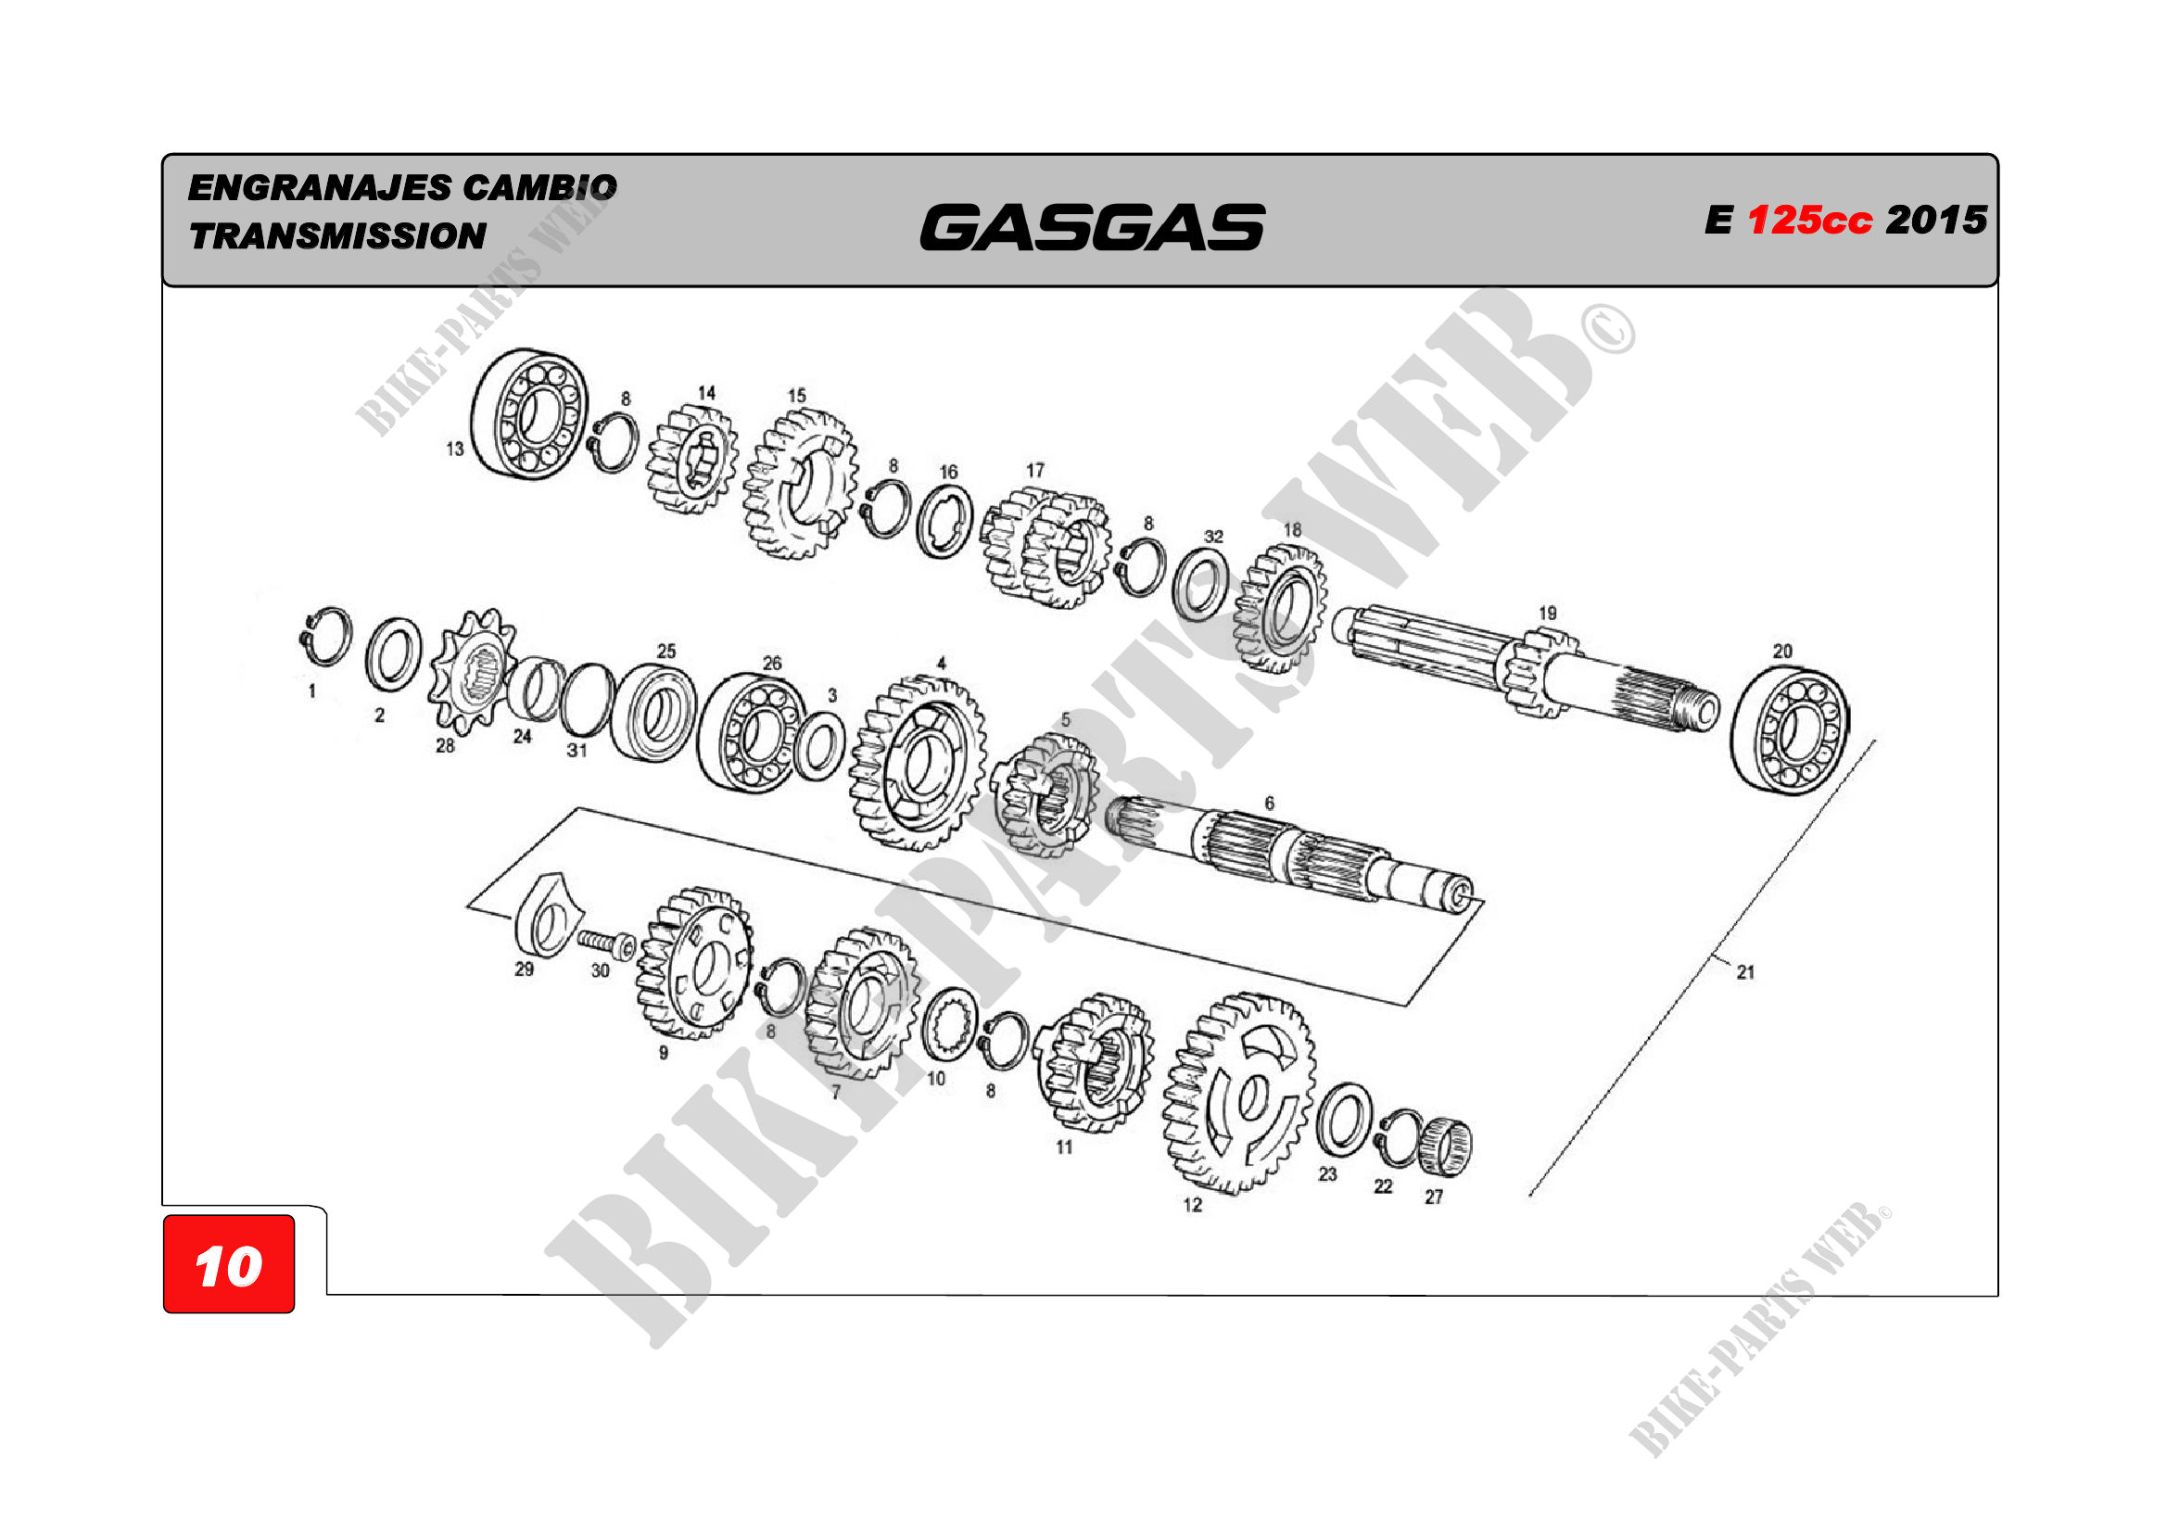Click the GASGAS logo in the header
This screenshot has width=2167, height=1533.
click(x=1092, y=227)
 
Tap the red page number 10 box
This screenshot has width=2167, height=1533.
click(x=229, y=1264)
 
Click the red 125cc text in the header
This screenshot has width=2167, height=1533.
click(x=1809, y=220)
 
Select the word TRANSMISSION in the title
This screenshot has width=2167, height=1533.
click(x=337, y=236)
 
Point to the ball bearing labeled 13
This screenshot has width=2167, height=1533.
click(x=529, y=413)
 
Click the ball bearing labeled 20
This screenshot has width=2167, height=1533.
click(x=1791, y=730)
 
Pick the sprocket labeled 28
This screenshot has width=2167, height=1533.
click(x=472, y=671)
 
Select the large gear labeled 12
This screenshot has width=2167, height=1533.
click(x=1238, y=1093)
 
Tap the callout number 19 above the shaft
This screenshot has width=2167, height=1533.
click(x=1548, y=613)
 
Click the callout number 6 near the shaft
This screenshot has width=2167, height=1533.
click(x=1270, y=804)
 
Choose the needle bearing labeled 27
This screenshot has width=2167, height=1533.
click(x=1445, y=1147)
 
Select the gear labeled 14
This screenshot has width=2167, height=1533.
click(x=691, y=461)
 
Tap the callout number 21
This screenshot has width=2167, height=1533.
click(x=1745, y=972)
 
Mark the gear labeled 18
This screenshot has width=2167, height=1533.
click(x=1280, y=610)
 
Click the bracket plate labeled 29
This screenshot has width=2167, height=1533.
click(x=547, y=914)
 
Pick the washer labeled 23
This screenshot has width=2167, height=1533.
click(x=1344, y=1121)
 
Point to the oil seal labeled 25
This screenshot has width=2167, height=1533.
click(x=654, y=713)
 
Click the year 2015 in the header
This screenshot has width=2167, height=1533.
click(x=1937, y=220)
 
